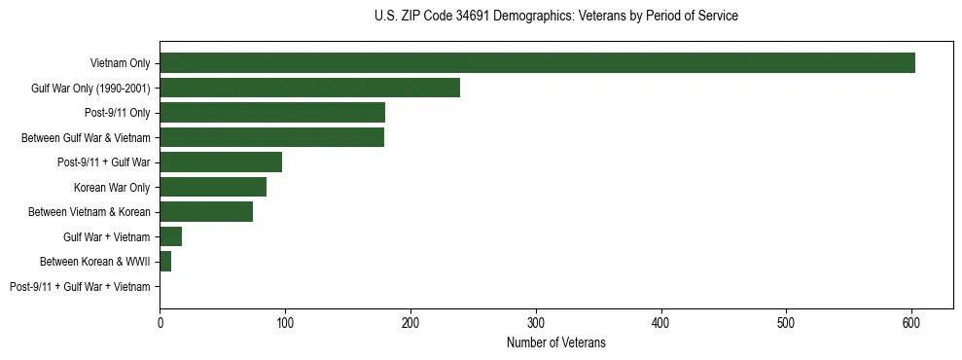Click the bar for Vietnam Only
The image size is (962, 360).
coord(537,62)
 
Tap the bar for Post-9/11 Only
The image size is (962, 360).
coord(272,112)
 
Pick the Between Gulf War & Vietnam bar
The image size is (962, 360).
coord(271,137)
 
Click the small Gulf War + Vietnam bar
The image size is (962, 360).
coord(171,236)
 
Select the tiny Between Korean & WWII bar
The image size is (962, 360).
coord(165,262)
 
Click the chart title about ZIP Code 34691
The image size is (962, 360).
coord(555,16)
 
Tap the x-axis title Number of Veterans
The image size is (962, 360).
coord(555,342)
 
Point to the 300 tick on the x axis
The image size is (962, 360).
coord(536,320)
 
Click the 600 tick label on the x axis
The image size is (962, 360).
coord(911,320)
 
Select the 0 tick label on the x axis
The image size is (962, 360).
coord(160,320)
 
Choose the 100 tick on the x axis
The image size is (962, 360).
coord(285,320)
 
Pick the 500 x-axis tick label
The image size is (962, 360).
coord(786,320)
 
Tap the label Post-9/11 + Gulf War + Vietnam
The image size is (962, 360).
coord(80,287)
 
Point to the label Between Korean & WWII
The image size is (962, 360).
coord(95,262)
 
